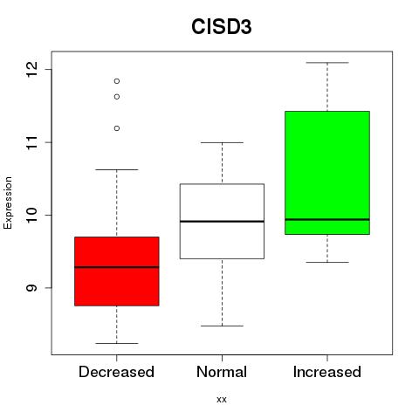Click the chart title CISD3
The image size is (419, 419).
point(222,27)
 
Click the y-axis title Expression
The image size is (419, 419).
point(8,203)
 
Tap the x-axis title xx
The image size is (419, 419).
point(222,399)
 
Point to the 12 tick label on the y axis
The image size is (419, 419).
point(32,70)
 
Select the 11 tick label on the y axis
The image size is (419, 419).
point(32,142)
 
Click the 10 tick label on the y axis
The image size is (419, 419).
point(32,215)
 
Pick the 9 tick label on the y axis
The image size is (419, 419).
point(32,288)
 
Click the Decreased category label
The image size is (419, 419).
point(116,372)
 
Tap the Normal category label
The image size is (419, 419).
point(222,372)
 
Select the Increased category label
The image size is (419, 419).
point(327,372)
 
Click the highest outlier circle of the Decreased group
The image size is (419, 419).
point(117,81)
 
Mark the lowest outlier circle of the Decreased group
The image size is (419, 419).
point(117,128)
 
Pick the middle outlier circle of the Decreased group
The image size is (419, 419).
point(117,97)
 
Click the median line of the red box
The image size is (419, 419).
point(117,267)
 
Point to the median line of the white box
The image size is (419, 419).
point(222,222)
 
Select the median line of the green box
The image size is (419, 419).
point(327,219)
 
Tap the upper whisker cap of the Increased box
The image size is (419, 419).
point(327,63)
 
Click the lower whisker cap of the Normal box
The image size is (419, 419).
point(222,326)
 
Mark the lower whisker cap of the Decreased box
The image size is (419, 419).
point(117,343)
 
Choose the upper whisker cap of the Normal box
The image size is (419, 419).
point(222,142)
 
